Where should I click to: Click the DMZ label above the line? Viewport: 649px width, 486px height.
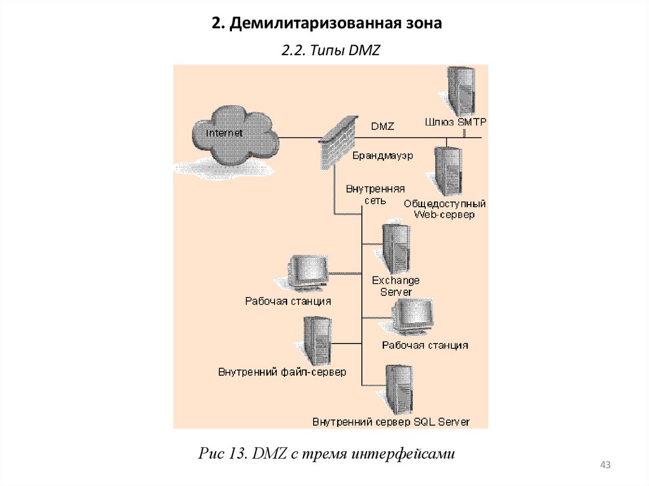pos(382,127)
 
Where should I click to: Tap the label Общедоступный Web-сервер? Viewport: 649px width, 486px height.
pos(444,209)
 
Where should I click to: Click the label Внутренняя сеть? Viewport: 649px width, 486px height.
pos(375,194)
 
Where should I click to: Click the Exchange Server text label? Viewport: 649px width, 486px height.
pos(395,286)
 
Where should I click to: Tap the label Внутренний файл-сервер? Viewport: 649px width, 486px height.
pos(282,372)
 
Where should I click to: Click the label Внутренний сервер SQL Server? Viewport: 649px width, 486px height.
pos(391,421)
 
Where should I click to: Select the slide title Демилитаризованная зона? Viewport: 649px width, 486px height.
pos(325,23)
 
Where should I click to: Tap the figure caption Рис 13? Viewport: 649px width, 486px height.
pos(327,453)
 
